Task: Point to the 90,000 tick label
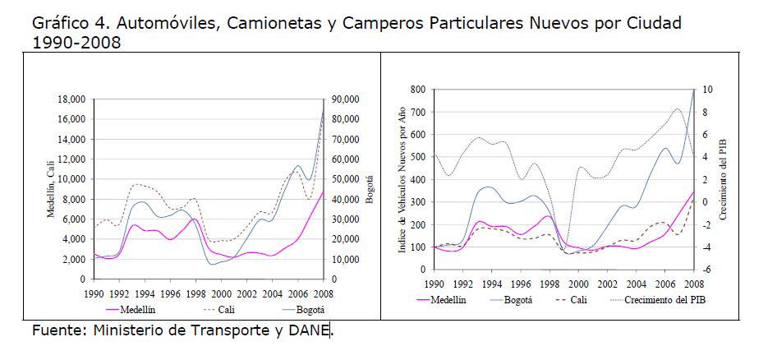345,99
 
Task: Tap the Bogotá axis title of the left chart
370,189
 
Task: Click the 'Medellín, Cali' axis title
51,189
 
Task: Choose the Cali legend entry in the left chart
228,310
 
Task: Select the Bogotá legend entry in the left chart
308,310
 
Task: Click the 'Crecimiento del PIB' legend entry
665,301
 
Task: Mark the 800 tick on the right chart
417,89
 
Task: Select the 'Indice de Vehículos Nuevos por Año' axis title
402,178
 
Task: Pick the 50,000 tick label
345,179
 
